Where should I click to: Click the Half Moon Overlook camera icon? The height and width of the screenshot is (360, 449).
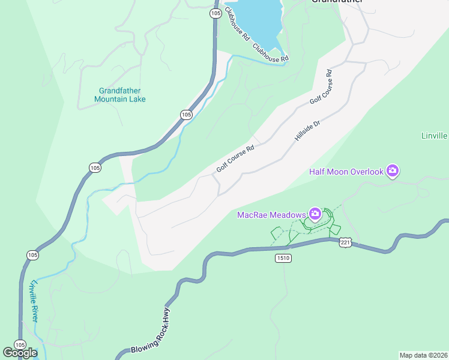(393, 171)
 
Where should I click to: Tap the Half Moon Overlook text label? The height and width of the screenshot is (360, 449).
(346, 172)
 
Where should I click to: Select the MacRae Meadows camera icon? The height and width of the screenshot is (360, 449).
(315, 214)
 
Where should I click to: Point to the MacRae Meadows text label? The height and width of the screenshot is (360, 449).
(271, 214)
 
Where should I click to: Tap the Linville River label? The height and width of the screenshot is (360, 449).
(34, 301)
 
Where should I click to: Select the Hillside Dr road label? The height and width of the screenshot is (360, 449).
(309, 130)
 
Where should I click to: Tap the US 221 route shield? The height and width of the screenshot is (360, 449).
(345, 242)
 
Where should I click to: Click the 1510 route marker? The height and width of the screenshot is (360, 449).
(284, 257)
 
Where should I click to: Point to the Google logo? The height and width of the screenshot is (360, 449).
(20, 353)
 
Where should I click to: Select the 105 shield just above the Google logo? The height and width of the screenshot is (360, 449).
(20, 345)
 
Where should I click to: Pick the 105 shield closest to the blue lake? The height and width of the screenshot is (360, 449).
(215, 13)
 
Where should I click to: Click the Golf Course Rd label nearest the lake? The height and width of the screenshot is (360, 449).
(321, 88)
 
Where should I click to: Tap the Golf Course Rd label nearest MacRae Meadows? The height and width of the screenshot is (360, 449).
(235, 161)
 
